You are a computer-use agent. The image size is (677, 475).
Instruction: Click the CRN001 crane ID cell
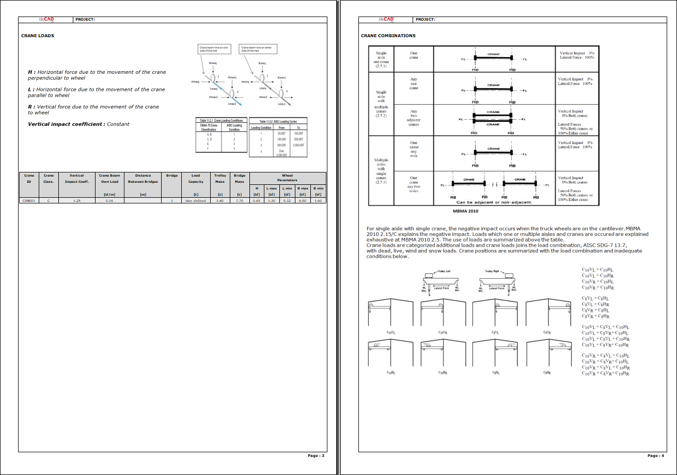pyautogui.click(x=28, y=200)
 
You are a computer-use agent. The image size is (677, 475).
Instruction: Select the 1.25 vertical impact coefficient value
pyautogui.click(x=76, y=200)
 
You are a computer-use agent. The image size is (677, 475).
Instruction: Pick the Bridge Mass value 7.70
pyautogui.click(x=239, y=200)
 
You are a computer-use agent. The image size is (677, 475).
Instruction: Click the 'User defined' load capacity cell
pyautogui.click(x=196, y=200)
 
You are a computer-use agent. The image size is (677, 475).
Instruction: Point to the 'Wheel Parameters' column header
pyautogui.click(x=287, y=178)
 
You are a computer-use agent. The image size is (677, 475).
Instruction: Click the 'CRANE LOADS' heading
pyautogui.click(x=37, y=36)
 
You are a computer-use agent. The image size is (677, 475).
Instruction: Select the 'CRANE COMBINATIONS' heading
pyautogui.click(x=388, y=36)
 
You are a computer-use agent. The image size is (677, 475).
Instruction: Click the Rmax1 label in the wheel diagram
pyautogui.click(x=232, y=77)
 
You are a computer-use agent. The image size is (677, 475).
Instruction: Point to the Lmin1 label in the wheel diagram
pyautogui.click(x=281, y=104)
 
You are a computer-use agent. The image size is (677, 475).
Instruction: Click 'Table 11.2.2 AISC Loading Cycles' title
pyautogui.click(x=278, y=121)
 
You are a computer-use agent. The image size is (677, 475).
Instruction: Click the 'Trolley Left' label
pyautogui.click(x=444, y=271)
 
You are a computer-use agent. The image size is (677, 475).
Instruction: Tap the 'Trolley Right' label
pyautogui.click(x=492, y=271)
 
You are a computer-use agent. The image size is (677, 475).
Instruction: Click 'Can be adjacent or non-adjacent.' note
pyautogui.click(x=494, y=202)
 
